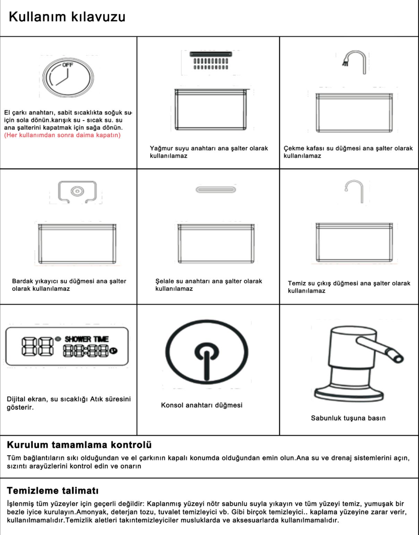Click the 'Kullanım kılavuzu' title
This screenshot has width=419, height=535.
point(67,17)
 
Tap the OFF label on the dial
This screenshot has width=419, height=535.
point(68,65)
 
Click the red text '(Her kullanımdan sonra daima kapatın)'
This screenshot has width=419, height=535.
point(62,135)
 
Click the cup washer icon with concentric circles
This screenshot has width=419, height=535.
point(77,191)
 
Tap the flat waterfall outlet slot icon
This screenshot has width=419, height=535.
point(216,190)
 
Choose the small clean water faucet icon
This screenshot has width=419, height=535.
point(354,191)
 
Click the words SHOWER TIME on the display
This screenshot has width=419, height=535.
point(87,339)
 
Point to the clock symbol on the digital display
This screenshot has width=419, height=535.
point(113,351)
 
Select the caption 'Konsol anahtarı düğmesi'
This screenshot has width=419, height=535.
point(202,405)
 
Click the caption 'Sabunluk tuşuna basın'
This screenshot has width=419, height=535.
point(348,418)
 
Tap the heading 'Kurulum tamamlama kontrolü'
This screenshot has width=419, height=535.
point(79,445)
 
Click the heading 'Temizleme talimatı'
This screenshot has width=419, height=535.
point(53,491)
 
